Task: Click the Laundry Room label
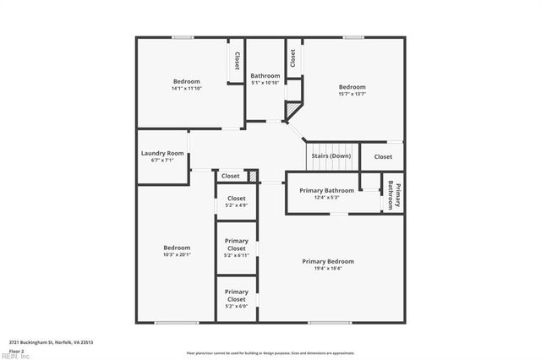pyautogui.click(x=162, y=153)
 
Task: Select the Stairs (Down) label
pyautogui.click(x=331, y=156)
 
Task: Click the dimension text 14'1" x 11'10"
pyautogui.click(x=186, y=89)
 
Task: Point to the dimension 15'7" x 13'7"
pyautogui.click(x=352, y=94)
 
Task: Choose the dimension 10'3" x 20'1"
pyautogui.click(x=177, y=254)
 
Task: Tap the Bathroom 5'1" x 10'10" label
pyautogui.click(x=265, y=79)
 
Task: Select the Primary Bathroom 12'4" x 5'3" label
pyautogui.click(x=327, y=194)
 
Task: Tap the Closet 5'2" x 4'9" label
pyautogui.click(x=237, y=201)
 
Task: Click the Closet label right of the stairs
pyautogui.click(x=383, y=156)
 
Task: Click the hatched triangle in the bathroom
pyautogui.click(x=292, y=111)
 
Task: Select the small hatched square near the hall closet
pyautogui.click(x=252, y=175)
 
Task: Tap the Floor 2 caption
pyautogui.click(x=16, y=350)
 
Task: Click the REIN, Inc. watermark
pyautogui.click(x=15, y=357)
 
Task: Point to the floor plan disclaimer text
pyautogui.click(x=270, y=352)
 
